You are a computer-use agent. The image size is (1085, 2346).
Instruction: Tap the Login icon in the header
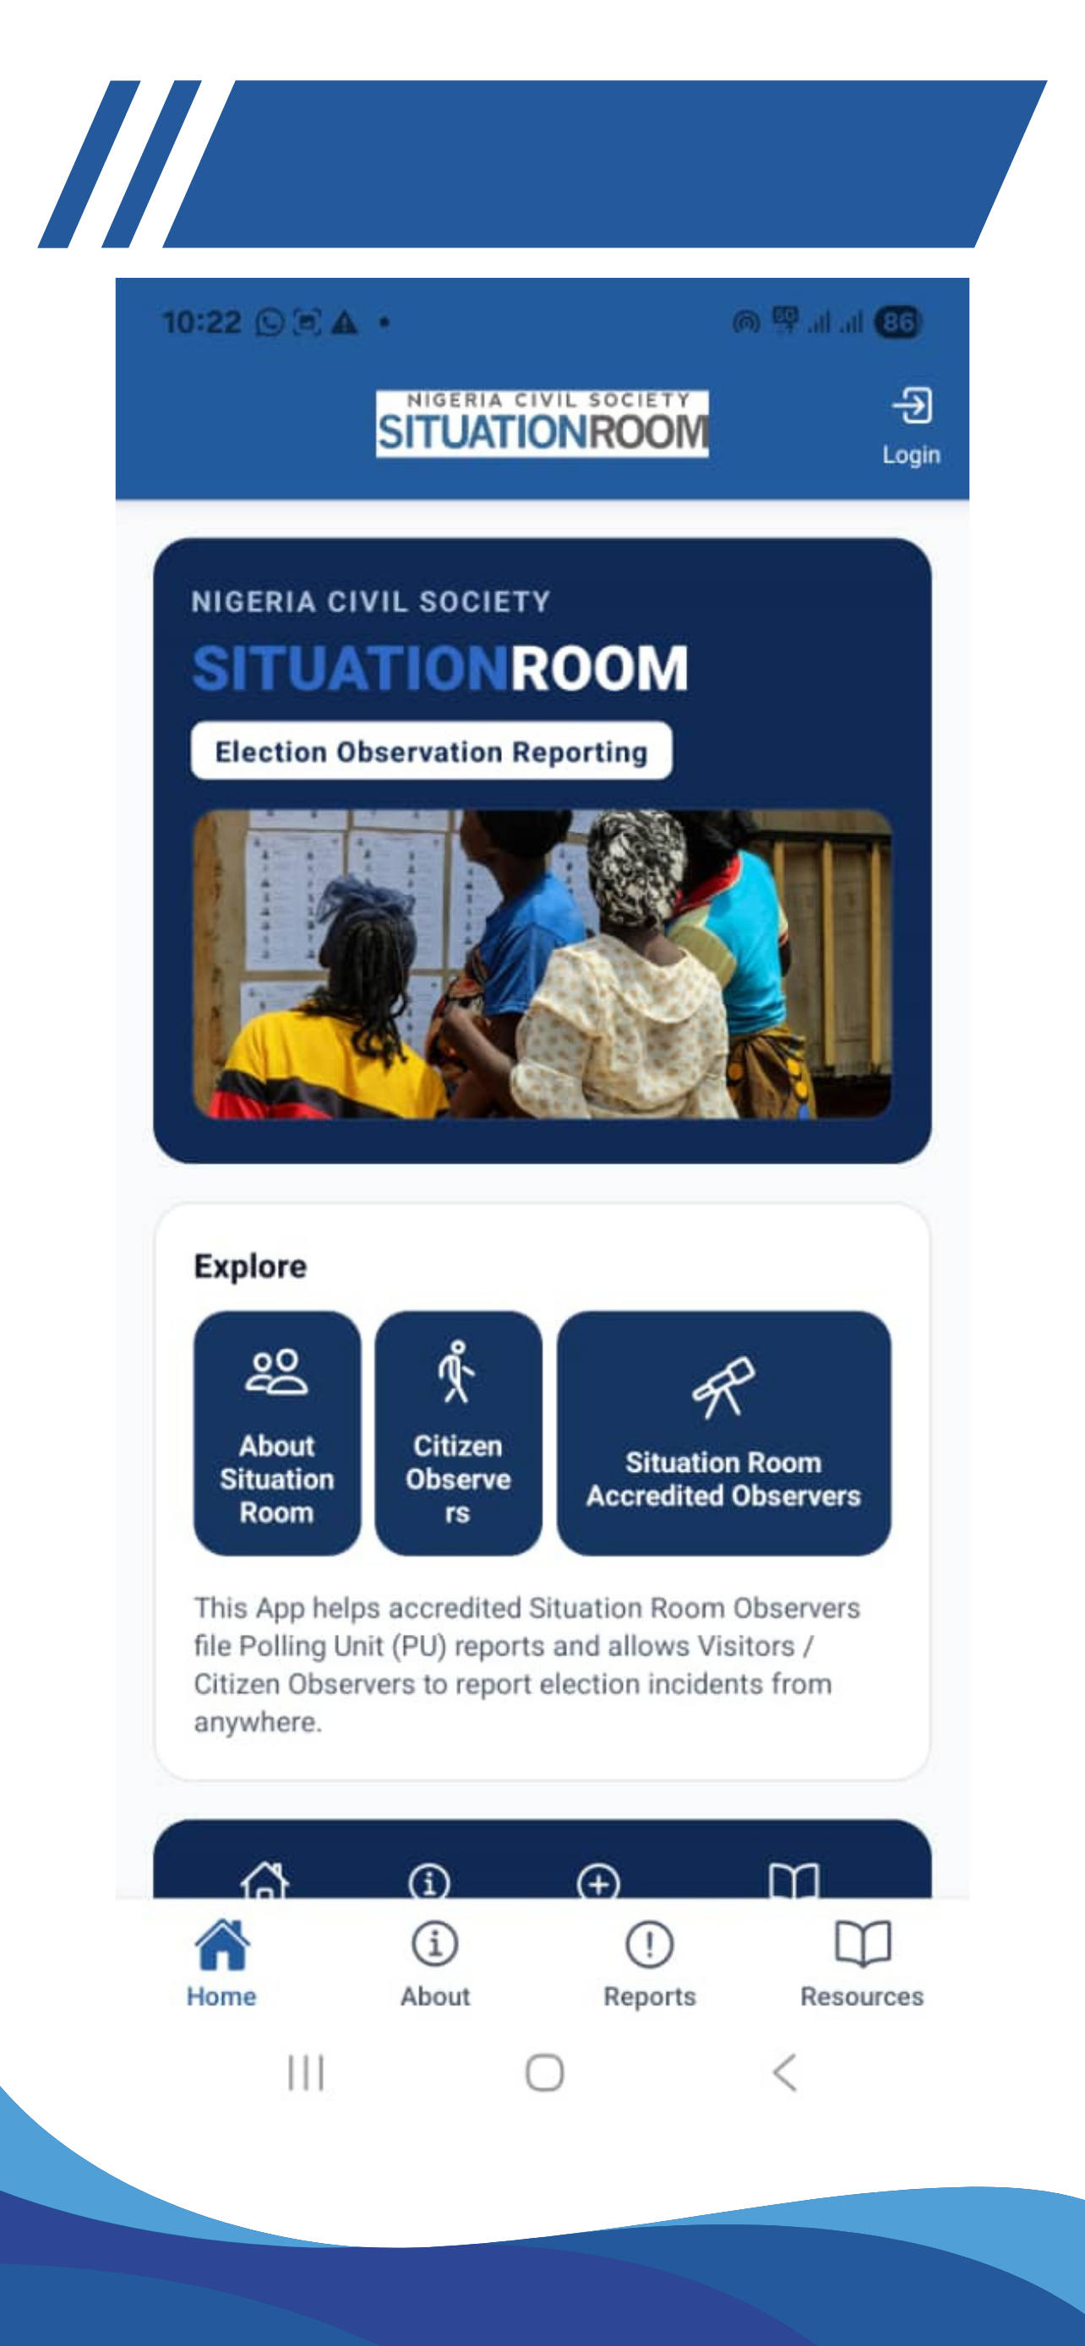tap(911, 406)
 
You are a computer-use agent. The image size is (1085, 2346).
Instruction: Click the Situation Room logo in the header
tap(542, 423)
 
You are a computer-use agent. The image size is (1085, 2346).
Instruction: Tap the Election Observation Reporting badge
tap(431, 751)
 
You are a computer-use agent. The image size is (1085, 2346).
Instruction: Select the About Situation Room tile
tap(277, 1432)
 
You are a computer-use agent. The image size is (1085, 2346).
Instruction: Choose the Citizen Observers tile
tap(458, 1432)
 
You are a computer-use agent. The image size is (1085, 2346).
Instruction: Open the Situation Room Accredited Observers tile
tap(723, 1432)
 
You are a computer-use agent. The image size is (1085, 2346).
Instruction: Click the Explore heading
tap(250, 1266)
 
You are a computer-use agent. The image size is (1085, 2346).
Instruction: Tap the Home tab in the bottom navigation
tap(221, 1963)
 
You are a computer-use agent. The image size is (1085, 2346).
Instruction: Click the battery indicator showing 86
tap(898, 322)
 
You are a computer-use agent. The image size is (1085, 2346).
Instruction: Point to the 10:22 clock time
tap(201, 322)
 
